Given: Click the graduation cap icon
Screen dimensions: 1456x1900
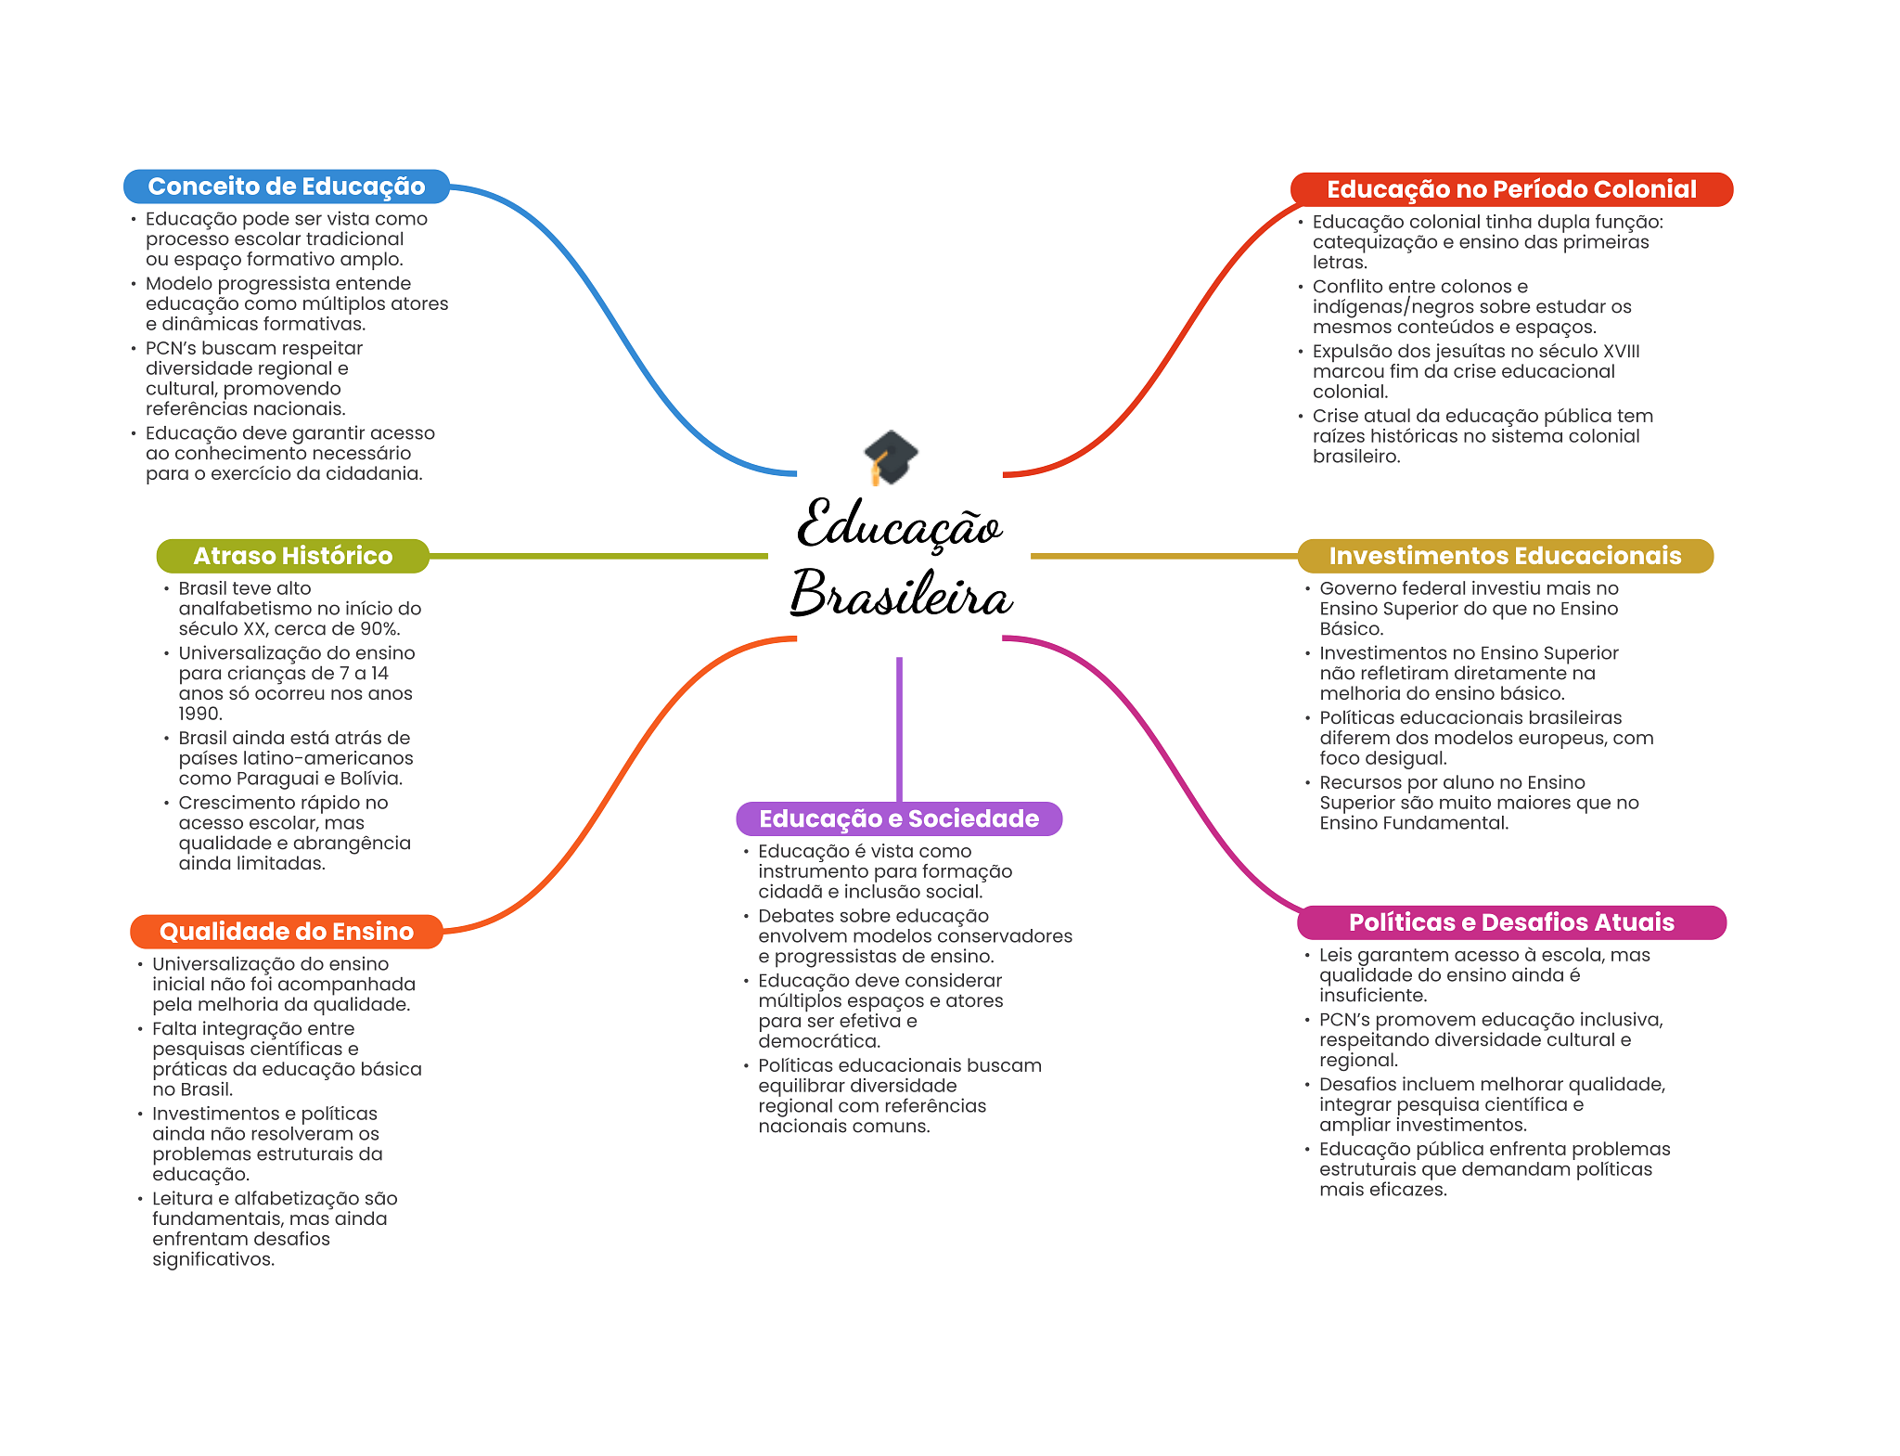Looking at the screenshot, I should (891, 457).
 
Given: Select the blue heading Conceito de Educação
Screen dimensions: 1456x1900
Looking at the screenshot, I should (286, 187).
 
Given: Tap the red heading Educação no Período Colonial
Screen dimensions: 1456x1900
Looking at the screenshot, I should (1510, 189).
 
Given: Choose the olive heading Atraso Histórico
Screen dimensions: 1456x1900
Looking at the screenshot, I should (292, 556).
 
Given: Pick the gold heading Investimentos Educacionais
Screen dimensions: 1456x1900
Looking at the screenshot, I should (1504, 556).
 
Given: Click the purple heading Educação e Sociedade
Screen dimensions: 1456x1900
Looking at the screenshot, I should (898, 818).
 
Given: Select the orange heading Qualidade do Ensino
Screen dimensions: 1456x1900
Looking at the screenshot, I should (286, 932).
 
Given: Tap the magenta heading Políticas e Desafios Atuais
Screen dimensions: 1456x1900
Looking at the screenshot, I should (1510, 922).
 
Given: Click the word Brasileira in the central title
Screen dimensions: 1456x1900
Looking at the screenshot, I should (900, 594).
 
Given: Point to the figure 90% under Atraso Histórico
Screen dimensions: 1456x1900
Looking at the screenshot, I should (378, 629).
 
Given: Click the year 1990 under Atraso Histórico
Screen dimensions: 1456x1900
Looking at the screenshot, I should (199, 714).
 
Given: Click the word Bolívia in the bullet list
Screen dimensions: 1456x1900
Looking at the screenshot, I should (371, 779).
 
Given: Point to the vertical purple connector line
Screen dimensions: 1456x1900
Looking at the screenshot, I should (899, 728).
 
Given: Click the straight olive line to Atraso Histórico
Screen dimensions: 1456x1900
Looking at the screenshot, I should (598, 556).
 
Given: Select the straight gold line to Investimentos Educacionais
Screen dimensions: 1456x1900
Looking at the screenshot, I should (1163, 556).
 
